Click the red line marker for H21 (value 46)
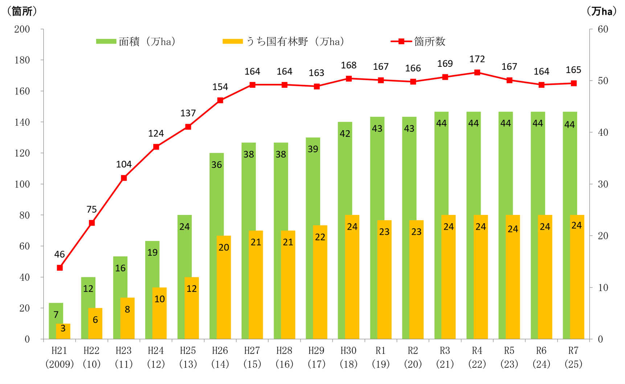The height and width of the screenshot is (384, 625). (x=60, y=268)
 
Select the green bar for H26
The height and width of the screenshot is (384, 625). (x=216, y=246)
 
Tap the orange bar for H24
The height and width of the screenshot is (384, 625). (x=159, y=313)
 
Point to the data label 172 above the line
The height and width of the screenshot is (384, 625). (x=477, y=59)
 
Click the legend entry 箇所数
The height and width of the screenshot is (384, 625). (x=418, y=41)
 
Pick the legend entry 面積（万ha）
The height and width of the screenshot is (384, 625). (x=136, y=41)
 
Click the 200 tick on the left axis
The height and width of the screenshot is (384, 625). (x=22, y=29)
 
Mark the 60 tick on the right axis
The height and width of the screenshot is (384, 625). (x=603, y=29)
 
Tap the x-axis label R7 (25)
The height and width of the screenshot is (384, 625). (x=573, y=357)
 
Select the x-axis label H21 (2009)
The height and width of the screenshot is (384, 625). (x=60, y=357)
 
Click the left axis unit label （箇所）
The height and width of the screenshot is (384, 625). (x=22, y=11)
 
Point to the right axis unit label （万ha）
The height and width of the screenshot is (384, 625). (x=602, y=11)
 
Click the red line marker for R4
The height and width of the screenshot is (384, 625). (x=477, y=73)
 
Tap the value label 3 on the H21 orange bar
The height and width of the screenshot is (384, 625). (x=63, y=328)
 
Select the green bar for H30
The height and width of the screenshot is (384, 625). (x=345, y=230)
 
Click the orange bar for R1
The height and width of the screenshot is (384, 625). (x=384, y=279)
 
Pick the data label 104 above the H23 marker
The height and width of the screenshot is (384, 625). (x=124, y=164)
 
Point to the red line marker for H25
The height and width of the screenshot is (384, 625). (x=188, y=127)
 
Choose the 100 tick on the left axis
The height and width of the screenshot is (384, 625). (x=22, y=184)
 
